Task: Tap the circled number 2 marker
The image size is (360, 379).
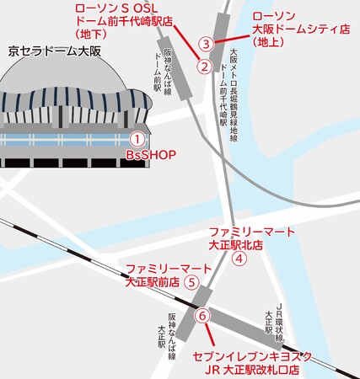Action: [203, 65]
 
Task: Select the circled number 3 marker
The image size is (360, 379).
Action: [204, 43]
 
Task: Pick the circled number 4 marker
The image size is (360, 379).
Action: [239, 259]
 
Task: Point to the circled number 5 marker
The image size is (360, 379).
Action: [191, 282]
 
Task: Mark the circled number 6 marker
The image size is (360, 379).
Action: [201, 316]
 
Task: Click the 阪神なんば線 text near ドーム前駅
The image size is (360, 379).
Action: [168, 71]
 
